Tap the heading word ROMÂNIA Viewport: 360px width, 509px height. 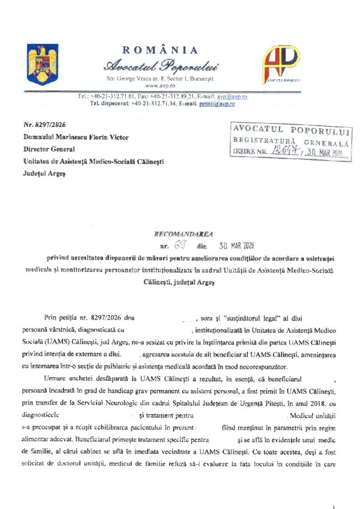point(160,50)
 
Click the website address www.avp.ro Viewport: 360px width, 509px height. point(160,86)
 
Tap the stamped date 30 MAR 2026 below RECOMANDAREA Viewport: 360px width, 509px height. point(236,246)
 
